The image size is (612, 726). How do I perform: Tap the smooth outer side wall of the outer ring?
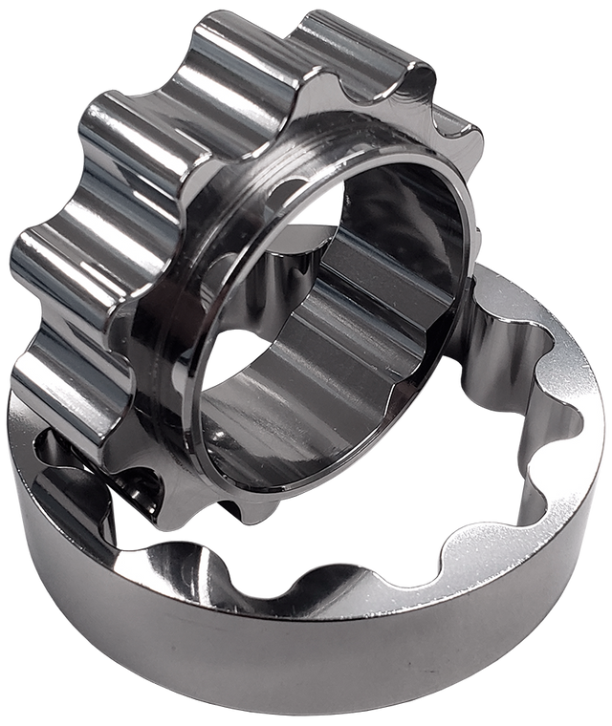(x=287, y=659)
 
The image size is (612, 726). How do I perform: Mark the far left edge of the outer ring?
(x=8, y=449)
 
